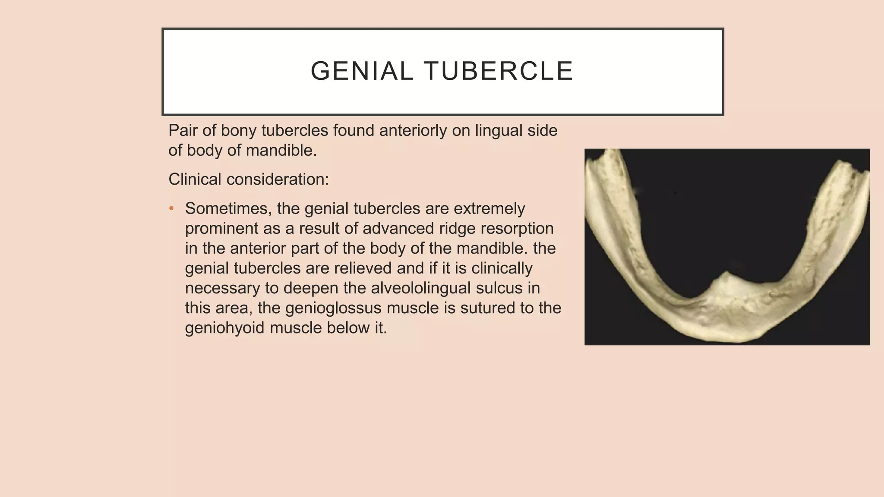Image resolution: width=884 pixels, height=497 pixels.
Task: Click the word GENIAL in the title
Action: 362,71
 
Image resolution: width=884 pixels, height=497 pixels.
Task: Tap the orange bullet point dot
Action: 171,208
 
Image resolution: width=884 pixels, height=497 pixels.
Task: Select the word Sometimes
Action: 228,209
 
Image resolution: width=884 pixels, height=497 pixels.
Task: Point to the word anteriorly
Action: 413,130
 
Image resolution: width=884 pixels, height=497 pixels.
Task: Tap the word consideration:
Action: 278,179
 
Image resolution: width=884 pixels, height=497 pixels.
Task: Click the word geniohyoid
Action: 224,328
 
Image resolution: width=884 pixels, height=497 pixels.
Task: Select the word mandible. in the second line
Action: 281,151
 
